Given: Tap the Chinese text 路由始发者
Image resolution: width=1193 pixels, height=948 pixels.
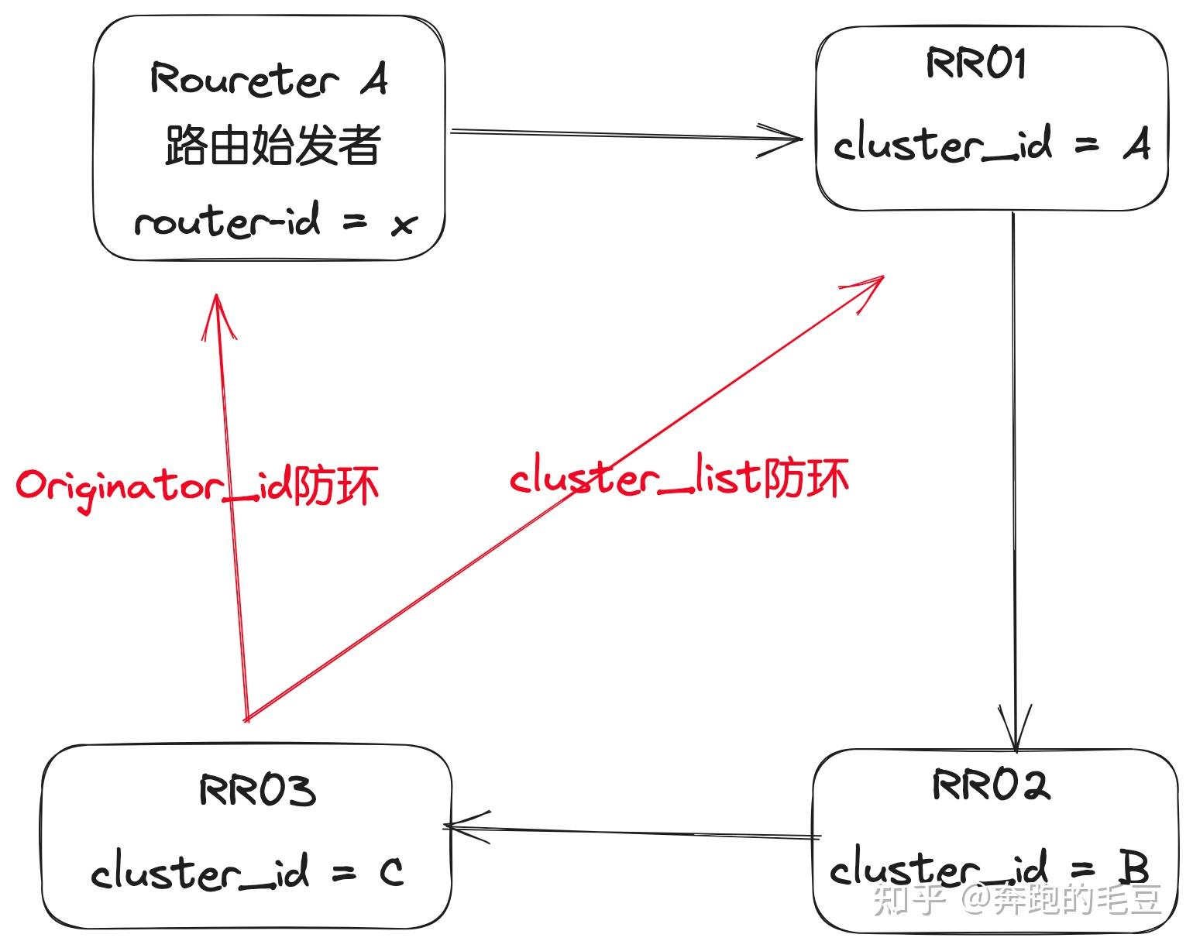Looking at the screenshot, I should pyautogui.click(x=272, y=146).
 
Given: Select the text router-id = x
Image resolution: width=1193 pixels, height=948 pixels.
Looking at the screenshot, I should pyautogui.click(x=275, y=222).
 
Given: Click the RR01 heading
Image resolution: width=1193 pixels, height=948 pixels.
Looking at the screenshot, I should pyautogui.click(x=975, y=64).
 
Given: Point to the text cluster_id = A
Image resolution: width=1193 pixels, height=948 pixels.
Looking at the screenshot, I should pyautogui.click(x=991, y=144).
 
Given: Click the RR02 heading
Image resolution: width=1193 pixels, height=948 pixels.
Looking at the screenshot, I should pyautogui.click(x=991, y=785).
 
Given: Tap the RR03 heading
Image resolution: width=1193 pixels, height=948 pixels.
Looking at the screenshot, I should pyautogui.click(x=257, y=791).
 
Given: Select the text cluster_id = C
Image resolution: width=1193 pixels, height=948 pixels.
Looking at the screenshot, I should pyautogui.click(x=246, y=873).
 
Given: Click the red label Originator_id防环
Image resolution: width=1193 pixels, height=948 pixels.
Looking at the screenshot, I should pyautogui.click(x=198, y=486).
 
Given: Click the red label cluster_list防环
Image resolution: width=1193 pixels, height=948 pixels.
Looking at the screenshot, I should pyautogui.click(x=679, y=478).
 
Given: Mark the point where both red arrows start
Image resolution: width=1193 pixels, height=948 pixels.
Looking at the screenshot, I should pyautogui.click(x=246, y=718).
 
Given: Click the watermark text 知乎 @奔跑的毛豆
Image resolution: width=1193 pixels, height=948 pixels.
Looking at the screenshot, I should pyautogui.click(x=1017, y=900).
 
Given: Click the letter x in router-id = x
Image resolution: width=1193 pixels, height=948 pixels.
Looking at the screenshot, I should pyautogui.click(x=404, y=225).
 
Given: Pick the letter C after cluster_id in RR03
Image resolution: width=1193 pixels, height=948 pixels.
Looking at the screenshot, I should pyautogui.click(x=392, y=873).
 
